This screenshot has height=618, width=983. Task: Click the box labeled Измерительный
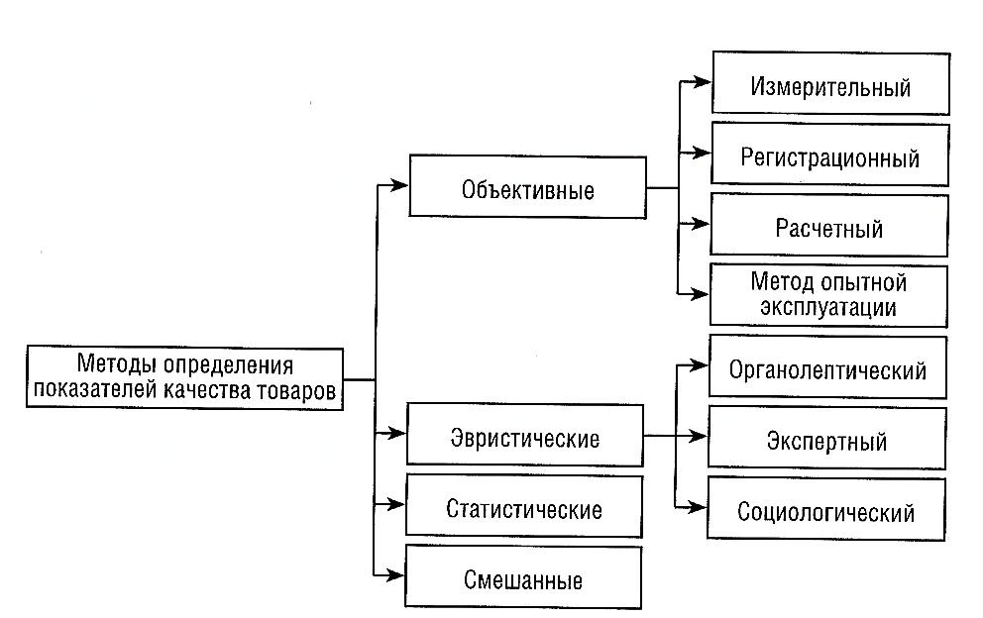tap(831, 83)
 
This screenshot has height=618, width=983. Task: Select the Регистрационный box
tap(830, 154)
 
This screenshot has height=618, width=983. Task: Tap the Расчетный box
tap(829, 225)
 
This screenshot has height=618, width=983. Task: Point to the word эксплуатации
tap(828, 308)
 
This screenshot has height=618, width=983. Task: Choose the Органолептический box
tap(828, 367)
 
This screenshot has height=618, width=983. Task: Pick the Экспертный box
tap(827, 438)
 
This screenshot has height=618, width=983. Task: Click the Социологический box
tap(826, 508)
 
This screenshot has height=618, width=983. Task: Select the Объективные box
tap(528, 187)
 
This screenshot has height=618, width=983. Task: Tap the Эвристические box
tap(525, 435)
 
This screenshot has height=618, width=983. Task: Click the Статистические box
tap(524, 506)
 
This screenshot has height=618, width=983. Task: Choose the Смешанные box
tap(523, 577)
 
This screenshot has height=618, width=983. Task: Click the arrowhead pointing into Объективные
tap(399, 185)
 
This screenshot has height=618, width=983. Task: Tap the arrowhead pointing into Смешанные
tap(395, 574)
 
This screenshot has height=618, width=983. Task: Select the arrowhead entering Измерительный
tap(703, 81)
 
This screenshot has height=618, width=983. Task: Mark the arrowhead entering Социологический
tap(698, 506)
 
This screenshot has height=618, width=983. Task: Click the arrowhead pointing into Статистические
tap(396, 504)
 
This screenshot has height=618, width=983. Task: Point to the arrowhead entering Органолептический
tap(699, 364)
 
